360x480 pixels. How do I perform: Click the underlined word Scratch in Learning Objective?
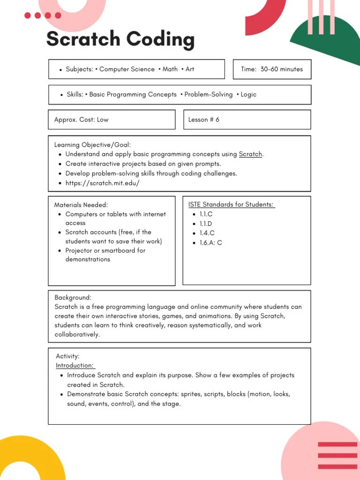click(x=250, y=154)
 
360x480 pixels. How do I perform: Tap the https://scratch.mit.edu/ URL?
click(x=102, y=183)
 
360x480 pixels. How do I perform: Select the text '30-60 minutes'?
click(x=282, y=69)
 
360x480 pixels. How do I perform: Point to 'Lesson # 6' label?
click(x=203, y=120)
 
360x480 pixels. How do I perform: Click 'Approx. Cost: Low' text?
click(x=81, y=120)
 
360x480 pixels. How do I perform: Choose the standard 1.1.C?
click(x=206, y=214)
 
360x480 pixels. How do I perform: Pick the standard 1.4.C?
click(x=207, y=233)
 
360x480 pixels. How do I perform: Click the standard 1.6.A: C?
click(x=210, y=243)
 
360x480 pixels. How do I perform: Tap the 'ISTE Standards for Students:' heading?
click(x=231, y=204)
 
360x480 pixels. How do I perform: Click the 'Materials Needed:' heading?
click(x=81, y=205)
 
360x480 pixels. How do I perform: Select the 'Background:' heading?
click(x=73, y=298)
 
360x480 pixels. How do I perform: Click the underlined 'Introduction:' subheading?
click(x=75, y=366)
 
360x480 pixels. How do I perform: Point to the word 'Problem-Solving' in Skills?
click(x=208, y=95)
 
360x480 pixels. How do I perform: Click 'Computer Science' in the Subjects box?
click(x=127, y=69)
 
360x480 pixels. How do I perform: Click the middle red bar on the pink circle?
click(x=337, y=455)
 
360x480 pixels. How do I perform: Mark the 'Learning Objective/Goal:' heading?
click(x=92, y=145)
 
